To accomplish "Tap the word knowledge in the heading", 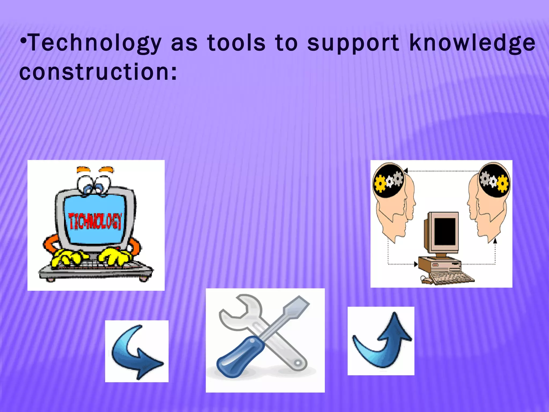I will click(x=472, y=43).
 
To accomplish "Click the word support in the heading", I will click(x=353, y=43).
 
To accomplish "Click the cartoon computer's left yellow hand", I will click(x=67, y=257).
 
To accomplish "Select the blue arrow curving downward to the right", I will click(x=137, y=351).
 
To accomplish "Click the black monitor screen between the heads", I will click(x=445, y=231).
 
